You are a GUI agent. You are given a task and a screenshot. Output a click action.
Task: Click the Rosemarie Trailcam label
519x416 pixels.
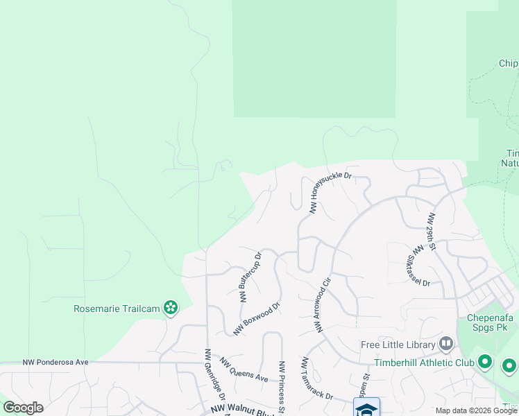click(x=117, y=308)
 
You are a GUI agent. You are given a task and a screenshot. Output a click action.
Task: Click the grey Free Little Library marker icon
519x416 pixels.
click(x=446, y=344)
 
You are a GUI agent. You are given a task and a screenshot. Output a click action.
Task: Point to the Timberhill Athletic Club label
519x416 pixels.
click(x=423, y=363)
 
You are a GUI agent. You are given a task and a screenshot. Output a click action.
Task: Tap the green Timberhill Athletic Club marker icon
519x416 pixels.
click(x=485, y=362)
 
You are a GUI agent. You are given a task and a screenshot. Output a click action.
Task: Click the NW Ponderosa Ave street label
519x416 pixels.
click(x=56, y=362)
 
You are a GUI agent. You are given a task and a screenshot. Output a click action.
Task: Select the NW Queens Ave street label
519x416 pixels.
click(x=244, y=370)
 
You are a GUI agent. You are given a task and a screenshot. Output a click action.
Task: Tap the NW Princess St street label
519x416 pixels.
click(x=282, y=387)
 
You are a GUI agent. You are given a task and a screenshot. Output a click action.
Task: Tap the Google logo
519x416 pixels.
click(x=23, y=408)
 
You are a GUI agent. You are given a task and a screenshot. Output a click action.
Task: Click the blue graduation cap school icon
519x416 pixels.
click(x=366, y=408)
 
